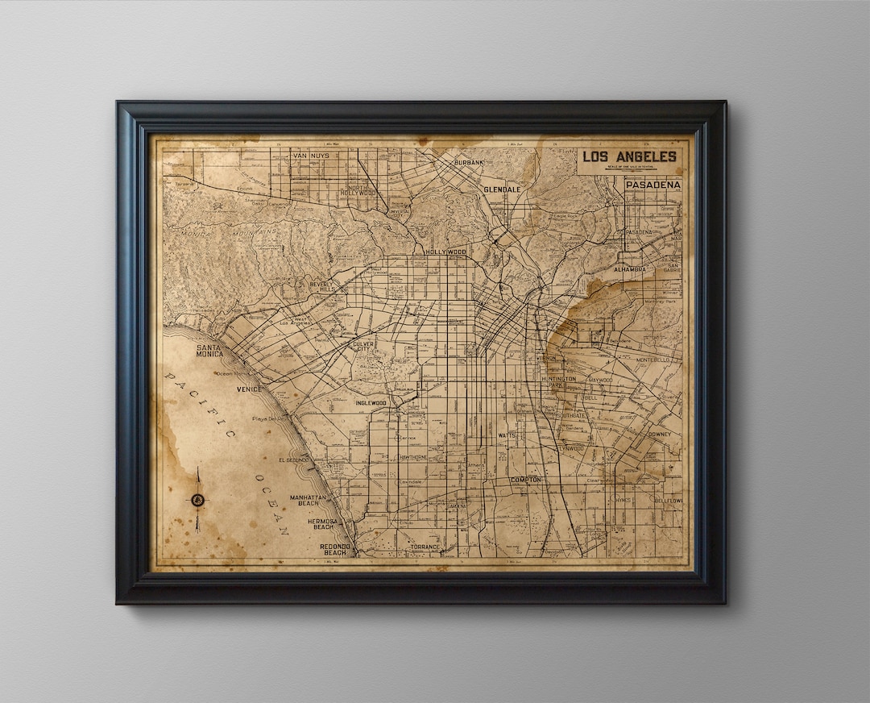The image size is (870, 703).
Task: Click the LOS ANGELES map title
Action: (x=629, y=156)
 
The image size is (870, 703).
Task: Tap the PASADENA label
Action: (x=652, y=185)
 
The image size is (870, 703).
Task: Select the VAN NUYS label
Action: (x=311, y=155)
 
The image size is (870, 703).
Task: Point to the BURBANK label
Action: (x=469, y=162)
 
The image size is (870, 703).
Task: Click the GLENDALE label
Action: (x=502, y=189)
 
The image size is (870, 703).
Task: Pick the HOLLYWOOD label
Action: (x=445, y=252)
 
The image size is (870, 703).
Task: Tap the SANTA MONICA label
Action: (x=210, y=350)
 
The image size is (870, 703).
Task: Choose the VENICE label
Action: (x=249, y=389)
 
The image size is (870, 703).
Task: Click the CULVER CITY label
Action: (x=363, y=346)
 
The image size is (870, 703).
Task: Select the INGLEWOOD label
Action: (x=371, y=402)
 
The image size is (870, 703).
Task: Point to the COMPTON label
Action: (x=525, y=480)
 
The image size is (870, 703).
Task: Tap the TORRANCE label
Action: (x=425, y=547)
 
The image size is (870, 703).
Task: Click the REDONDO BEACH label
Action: (x=334, y=549)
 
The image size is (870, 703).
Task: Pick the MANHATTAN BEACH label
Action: (x=308, y=501)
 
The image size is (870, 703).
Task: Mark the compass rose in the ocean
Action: (x=197, y=500)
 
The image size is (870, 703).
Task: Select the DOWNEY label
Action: (x=659, y=435)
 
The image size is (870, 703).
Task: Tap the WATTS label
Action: (x=507, y=435)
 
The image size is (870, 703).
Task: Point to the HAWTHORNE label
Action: (x=412, y=457)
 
